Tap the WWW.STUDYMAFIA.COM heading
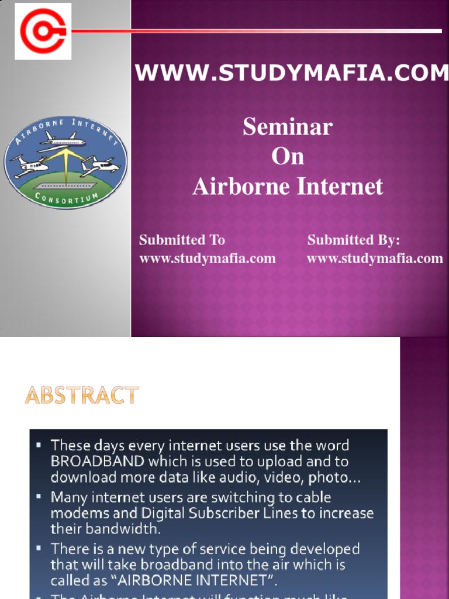pos(292,73)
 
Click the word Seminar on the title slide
pos(288,127)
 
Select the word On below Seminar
pos(288,157)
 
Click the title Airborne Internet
pos(288,187)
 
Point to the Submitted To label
pos(182,240)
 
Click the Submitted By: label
pos(354,240)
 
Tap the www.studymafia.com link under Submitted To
pos(208,259)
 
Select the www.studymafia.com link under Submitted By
pos(375,259)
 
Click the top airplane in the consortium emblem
pos(63,140)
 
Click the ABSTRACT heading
pos(82,396)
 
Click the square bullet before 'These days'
pos(39,446)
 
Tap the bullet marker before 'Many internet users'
pos(39,497)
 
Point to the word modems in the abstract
pos(74,513)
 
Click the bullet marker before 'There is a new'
pos(39,549)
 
